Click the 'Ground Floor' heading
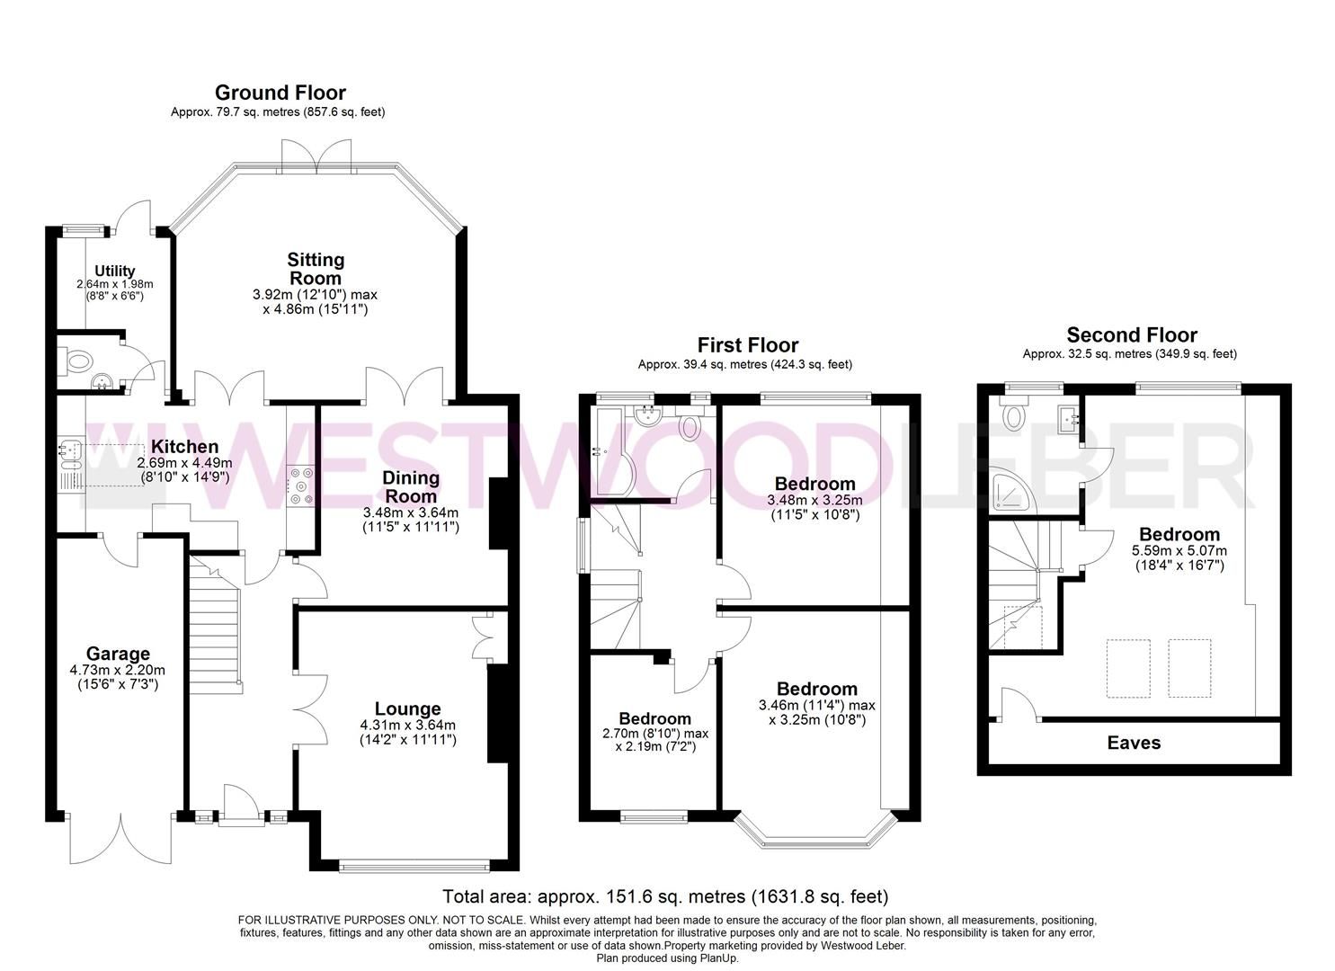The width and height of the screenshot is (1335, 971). pyautogui.click(x=280, y=93)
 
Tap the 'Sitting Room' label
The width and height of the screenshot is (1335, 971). pyautogui.click(x=316, y=269)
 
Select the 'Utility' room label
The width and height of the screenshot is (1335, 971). pyautogui.click(x=115, y=271)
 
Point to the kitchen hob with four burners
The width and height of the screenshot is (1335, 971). pyautogui.click(x=300, y=485)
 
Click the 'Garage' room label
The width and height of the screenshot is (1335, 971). pyautogui.click(x=118, y=654)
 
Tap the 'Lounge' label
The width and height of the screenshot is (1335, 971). pyautogui.click(x=407, y=709)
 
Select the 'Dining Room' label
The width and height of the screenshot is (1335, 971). pyautogui.click(x=411, y=486)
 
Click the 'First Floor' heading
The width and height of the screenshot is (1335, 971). pyautogui.click(x=747, y=345)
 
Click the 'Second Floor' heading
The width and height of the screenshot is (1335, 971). pyautogui.click(x=1132, y=335)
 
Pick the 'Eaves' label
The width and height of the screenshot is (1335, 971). pyautogui.click(x=1134, y=743)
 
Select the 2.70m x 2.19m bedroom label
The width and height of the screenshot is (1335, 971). pyautogui.click(x=654, y=718)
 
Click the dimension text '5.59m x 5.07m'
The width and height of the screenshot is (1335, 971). pyautogui.click(x=1179, y=550)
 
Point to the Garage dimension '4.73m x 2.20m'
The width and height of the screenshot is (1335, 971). pyautogui.click(x=117, y=670)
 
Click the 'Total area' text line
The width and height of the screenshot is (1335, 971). pyautogui.click(x=665, y=896)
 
